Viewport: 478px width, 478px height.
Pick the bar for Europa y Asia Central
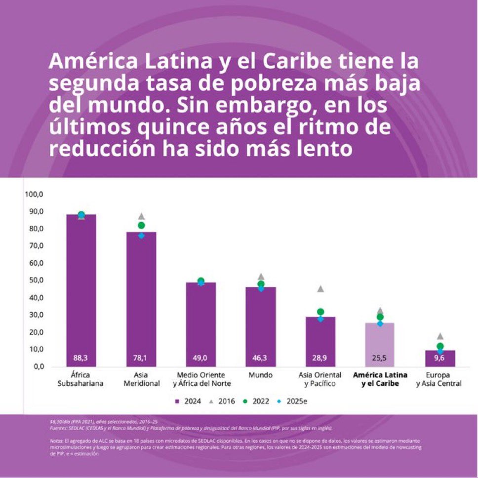(x=439, y=358)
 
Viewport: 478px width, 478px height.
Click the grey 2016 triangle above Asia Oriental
(x=320, y=289)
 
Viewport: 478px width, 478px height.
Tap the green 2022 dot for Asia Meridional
(x=141, y=225)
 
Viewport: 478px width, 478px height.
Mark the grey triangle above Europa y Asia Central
(x=440, y=336)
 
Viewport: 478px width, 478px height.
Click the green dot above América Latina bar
(x=380, y=317)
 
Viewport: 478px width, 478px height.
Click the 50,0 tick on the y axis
(x=35, y=280)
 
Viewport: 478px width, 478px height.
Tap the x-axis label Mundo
(x=260, y=375)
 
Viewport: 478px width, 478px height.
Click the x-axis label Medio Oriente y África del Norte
(x=200, y=379)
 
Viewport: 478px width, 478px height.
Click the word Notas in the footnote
(x=57, y=439)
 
